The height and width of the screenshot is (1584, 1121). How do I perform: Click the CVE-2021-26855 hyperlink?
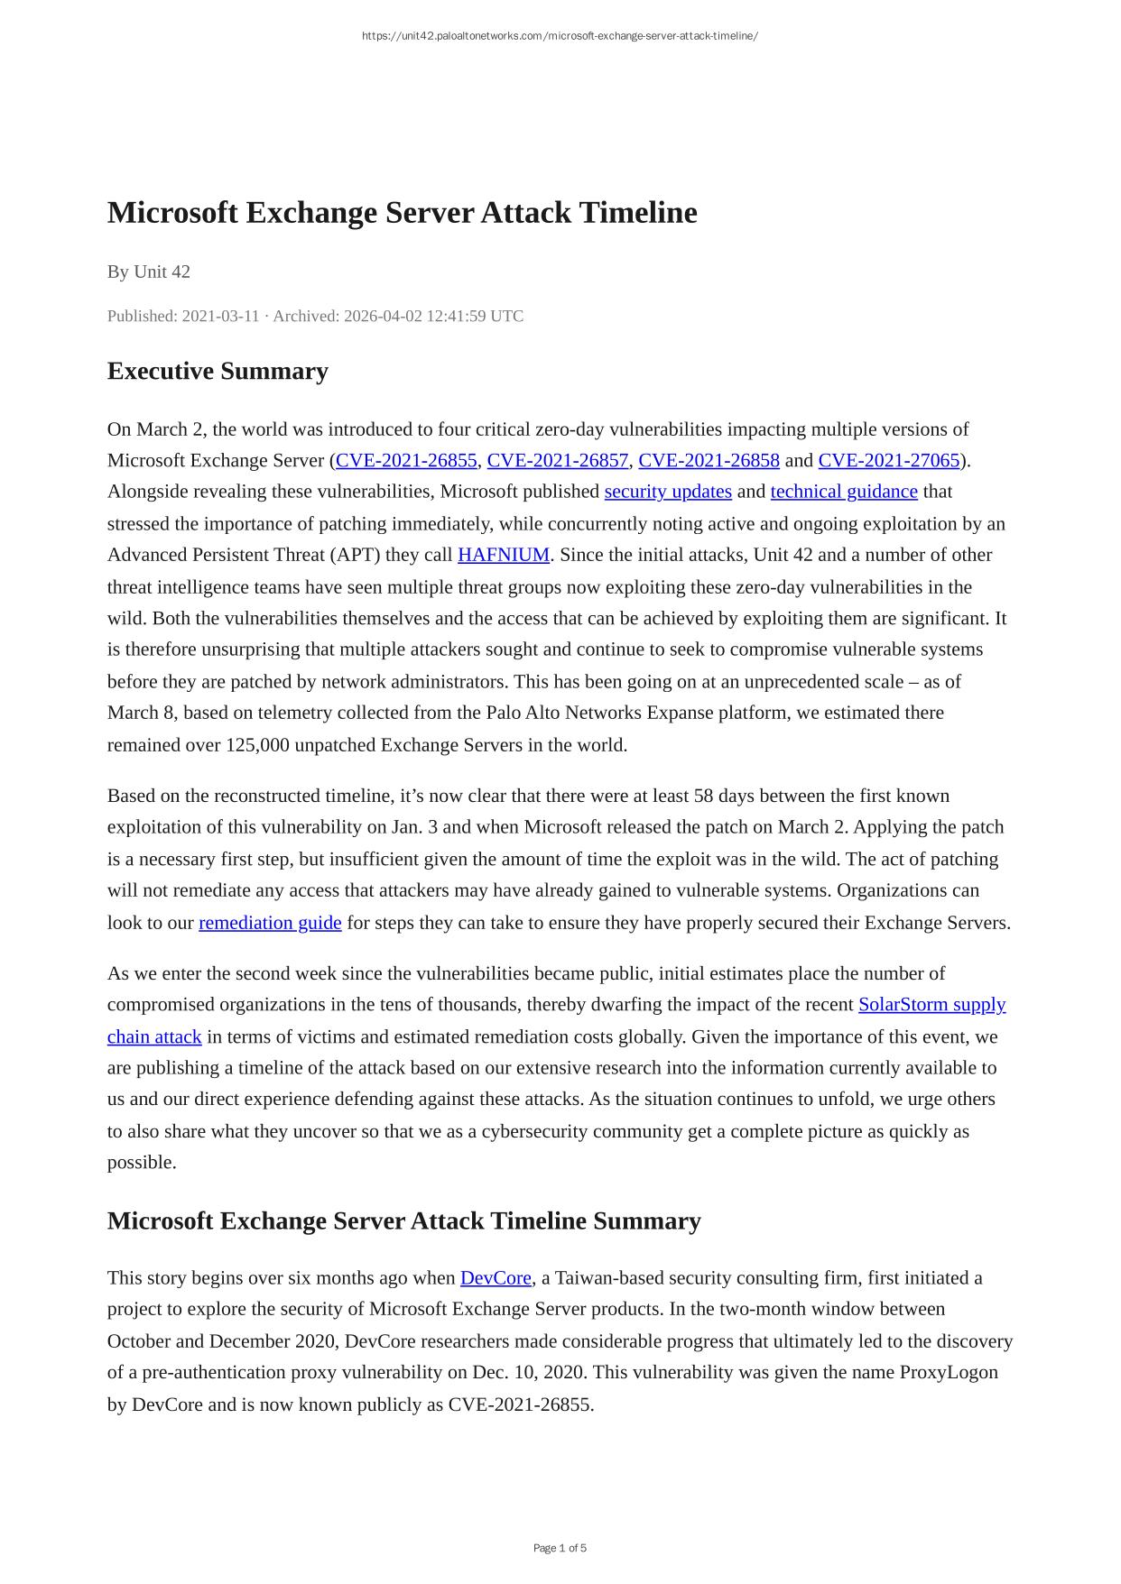coord(406,461)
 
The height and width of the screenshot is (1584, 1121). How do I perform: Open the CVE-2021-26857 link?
coord(558,461)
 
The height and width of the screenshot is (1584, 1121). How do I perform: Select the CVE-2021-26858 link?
coord(709,461)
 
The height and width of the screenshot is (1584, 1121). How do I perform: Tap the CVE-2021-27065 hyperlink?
coord(888,461)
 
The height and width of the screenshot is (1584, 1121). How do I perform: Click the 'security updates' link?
coord(668,492)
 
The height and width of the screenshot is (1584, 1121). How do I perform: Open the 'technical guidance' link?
coord(844,492)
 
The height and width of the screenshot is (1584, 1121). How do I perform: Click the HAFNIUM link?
coord(504,555)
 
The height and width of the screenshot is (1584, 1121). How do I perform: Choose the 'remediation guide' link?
coord(270,923)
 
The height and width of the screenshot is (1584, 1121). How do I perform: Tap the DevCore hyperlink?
coord(496,1278)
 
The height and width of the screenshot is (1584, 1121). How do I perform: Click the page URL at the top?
coord(560,36)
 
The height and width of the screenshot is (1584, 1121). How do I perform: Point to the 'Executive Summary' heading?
coord(218,372)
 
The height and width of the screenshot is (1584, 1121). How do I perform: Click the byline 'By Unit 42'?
coord(149,272)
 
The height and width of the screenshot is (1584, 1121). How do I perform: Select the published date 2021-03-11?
coord(220,317)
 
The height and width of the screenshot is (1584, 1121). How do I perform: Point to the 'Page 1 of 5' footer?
coord(560,1548)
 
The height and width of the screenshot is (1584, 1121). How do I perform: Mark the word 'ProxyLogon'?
coord(949,1373)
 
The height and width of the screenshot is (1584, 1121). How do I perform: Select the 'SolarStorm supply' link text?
coord(931,1005)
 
